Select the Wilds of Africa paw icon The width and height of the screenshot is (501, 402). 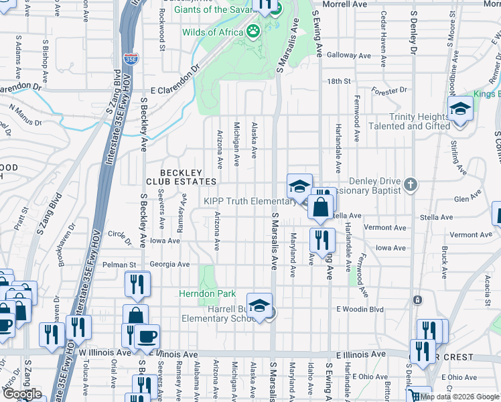[253, 31]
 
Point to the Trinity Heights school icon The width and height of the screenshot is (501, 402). [460, 109]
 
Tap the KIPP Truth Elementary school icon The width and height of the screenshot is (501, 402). [299, 186]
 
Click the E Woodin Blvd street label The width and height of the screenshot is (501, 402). [360, 309]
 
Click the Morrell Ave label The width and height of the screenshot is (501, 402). [345, 4]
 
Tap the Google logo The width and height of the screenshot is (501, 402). [22, 394]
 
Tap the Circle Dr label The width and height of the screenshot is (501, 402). [119, 234]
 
